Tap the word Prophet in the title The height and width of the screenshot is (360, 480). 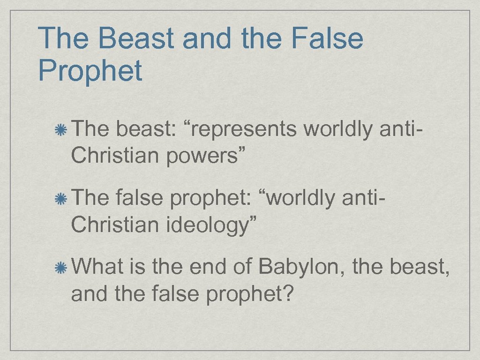coord(90,71)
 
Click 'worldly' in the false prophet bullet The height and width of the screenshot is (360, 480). coord(301,198)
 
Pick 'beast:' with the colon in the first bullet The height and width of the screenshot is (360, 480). coord(145,129)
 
